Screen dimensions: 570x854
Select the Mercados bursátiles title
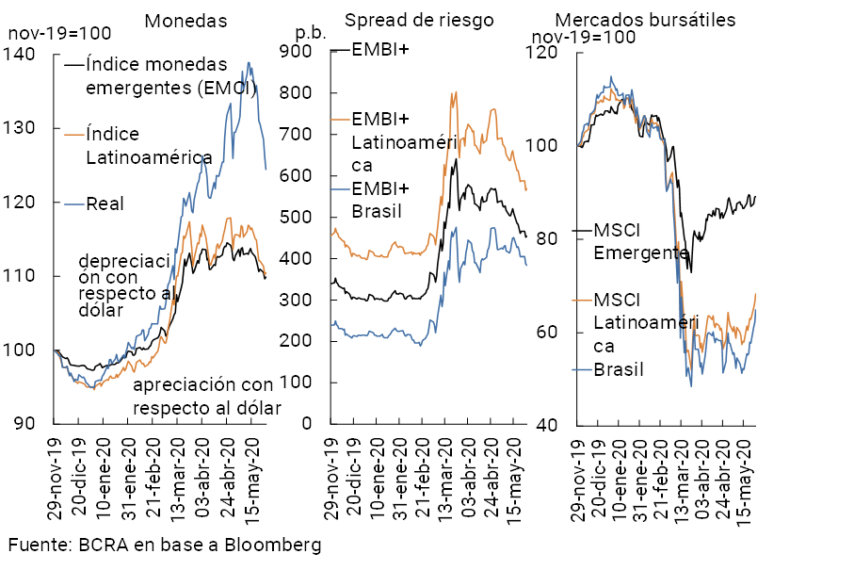(645, 20)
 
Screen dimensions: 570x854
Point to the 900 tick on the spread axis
(311, 52)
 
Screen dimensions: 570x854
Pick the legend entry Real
(105, 203)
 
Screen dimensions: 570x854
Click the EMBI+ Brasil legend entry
(381, 199)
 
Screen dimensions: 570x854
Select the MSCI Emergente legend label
(640, 241)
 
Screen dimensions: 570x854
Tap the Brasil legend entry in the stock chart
(619, 368)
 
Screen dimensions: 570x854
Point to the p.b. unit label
(310, 31)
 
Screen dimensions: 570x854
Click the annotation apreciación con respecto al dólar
(202, 397)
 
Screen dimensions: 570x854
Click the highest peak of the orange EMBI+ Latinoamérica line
(456, 92)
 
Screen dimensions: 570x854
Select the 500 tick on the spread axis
(311, 218)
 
